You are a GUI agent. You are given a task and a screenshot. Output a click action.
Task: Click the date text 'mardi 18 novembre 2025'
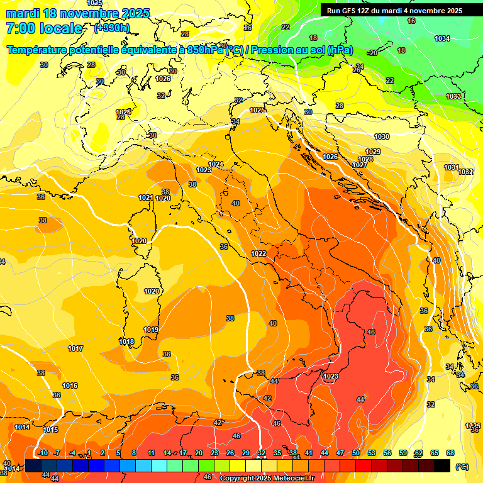point(78,13)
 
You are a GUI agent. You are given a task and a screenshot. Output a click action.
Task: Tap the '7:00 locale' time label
point(44,28)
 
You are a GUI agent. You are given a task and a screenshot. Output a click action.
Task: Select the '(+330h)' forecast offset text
point(112,28)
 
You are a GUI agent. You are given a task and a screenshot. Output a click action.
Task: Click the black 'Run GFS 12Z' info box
point(394,11)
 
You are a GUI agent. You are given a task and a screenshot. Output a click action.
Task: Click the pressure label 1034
point(442,39)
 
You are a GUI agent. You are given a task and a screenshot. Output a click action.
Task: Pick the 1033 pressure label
point(453,96)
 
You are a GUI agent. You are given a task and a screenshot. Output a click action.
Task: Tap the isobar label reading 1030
point(382,136)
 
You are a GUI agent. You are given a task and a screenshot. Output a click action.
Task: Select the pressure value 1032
point(465,172)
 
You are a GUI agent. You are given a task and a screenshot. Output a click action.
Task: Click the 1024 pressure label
point(216,164)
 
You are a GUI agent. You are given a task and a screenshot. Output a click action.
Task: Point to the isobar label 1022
point(258,253)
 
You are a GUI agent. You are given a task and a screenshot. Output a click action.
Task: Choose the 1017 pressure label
point(75,348)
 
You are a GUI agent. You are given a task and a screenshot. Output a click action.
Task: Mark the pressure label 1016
point(70,386)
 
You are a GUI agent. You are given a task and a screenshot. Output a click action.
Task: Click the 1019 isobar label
point(151,330)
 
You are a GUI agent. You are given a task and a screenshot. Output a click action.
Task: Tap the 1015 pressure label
point(50,430)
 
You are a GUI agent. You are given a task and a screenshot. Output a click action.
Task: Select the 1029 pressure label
point(373,152)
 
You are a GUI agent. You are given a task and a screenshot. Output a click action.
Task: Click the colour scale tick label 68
point(450,453)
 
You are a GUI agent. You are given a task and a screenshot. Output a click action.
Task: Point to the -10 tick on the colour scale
point(43,453)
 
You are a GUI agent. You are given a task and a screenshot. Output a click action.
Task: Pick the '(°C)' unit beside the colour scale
point(462,467)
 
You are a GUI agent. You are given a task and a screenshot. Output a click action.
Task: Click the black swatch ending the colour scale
point(442,466)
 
